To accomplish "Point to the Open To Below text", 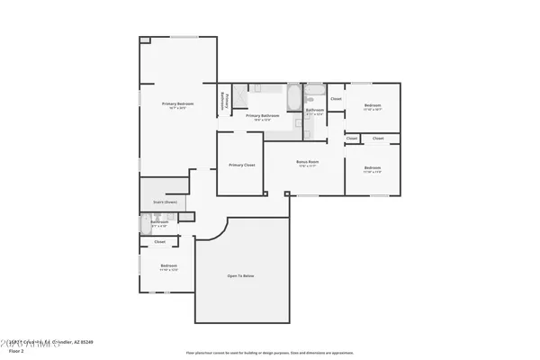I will (x=243, y=274).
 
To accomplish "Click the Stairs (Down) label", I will (x=164, y=202).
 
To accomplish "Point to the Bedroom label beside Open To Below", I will (x=168, y=265).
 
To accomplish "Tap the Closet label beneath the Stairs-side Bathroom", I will (x=160, y=241).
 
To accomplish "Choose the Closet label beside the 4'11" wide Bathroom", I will (x=336, y=98).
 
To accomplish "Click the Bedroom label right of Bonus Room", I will (x=373, y=167).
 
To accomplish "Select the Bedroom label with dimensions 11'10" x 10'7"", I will (x=373, y=105).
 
